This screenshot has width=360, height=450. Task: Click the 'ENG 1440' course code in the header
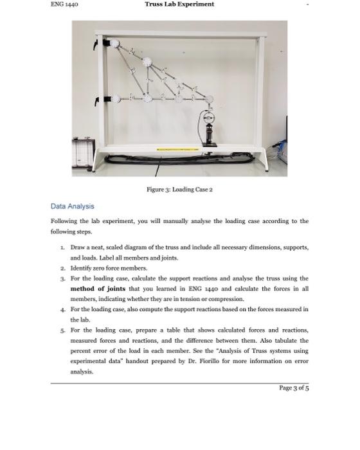pos(64,4)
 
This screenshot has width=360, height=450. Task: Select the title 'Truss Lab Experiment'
pos(179,4)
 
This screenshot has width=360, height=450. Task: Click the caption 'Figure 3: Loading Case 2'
pos(179,190)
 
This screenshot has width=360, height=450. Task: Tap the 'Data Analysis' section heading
pos(72,206)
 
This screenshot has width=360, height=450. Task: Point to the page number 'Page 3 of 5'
pos(294,388)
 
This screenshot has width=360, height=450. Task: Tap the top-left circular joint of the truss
pos(116,44)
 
